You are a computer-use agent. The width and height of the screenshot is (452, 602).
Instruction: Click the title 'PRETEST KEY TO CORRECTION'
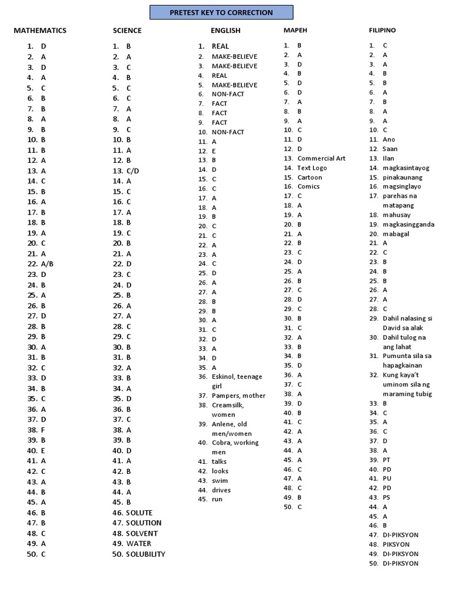[221, 12]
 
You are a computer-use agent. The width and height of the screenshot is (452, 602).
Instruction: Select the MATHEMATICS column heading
[40, 31]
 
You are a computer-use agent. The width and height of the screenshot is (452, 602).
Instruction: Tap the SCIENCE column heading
[127, 31]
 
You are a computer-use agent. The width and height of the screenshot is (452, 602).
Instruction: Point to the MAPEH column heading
[295, 30]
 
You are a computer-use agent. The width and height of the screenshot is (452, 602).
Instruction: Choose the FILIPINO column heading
[383, 30]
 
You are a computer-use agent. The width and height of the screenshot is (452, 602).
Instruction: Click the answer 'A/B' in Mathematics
[47, 264]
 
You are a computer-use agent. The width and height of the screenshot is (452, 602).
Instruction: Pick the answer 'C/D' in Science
[134, 170]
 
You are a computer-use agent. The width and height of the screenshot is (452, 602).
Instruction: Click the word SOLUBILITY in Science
[145, 554]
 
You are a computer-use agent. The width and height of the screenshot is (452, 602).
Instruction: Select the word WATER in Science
[138, 543]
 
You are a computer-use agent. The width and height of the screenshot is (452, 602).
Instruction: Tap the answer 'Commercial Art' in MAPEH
[321, 158]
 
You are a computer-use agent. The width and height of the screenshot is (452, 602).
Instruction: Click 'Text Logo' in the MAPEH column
[312, 168]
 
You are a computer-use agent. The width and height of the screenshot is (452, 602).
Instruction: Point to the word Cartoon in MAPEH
[310, 177]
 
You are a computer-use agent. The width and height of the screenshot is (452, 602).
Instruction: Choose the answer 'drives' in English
[221, 490]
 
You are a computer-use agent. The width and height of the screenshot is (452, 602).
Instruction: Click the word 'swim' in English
[220, 480]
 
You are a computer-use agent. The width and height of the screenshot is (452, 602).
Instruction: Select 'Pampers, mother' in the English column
[238, 396]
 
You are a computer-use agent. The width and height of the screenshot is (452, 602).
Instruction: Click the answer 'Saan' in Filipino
[390, 149]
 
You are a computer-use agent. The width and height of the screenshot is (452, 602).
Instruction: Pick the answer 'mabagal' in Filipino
[395, 233]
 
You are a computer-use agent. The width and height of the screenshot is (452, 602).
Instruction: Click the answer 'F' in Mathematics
[43, 430]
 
